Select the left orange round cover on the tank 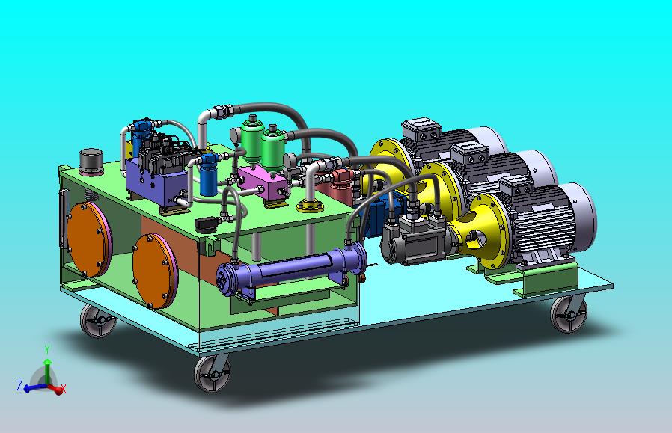click(88, 237)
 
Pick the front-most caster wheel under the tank click(210, 373)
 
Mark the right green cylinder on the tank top click(275, 147)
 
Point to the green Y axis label click(47, 349)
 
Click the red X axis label click(64, 388)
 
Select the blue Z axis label click(19, 386)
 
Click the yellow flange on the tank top click(309, 206)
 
